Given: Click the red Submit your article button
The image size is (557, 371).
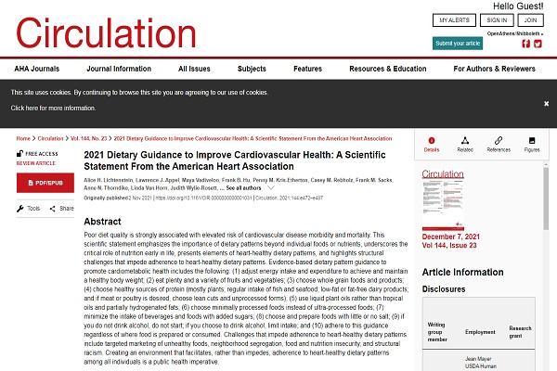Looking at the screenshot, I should (x=458, y=43).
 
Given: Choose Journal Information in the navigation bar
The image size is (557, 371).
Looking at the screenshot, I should (x=118, y=69).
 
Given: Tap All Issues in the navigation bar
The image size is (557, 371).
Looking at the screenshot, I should (x=194, y=69).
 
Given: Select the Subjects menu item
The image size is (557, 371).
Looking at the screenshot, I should (x=252, y=69).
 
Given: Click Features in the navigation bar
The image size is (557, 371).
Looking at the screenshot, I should (x=307, y=69).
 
